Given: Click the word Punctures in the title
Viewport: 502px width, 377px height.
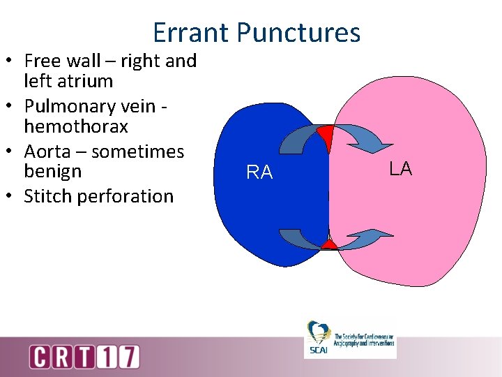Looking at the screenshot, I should click(298, 33).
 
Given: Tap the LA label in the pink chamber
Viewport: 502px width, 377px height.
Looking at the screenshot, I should click(400, 168).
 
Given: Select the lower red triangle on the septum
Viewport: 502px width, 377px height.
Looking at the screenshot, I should click(328, 244).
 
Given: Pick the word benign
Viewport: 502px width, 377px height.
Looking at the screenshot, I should click(53, 171).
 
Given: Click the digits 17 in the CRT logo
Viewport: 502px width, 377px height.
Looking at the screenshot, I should click(121, 357).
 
